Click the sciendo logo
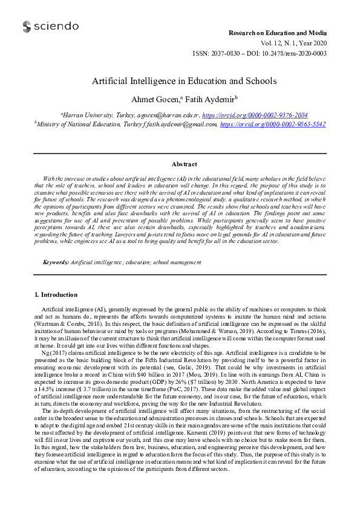50,27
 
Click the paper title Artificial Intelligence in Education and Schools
184,81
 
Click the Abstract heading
184,164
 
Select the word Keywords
55,262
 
